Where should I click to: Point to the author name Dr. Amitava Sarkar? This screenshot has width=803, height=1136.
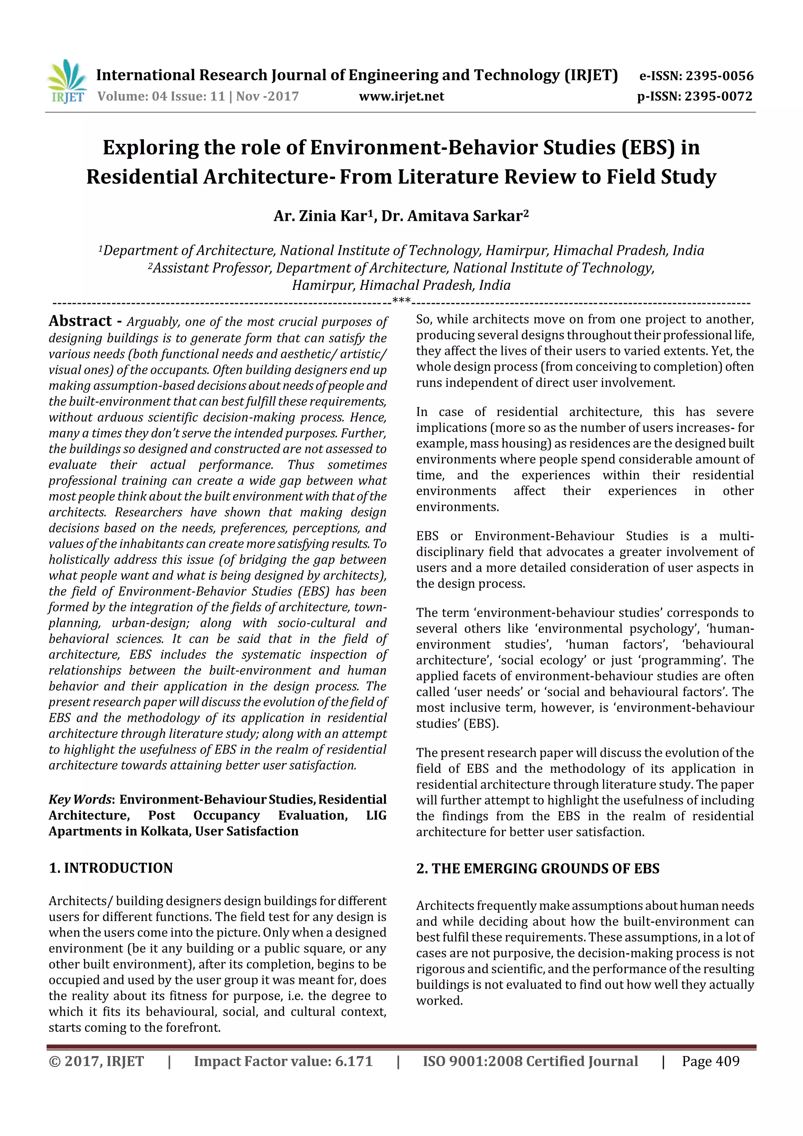(453, 216)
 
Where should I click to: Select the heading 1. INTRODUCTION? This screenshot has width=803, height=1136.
(111, 868)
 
